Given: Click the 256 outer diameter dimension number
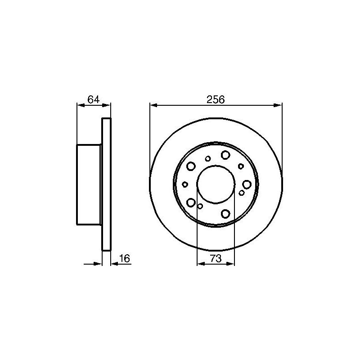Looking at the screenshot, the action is click(x=216, y=100).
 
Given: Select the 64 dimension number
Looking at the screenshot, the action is click(x=94, y=100).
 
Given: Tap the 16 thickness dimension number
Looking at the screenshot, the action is click(x=125, y=258).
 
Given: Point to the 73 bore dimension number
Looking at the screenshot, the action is click(x=216, y=258).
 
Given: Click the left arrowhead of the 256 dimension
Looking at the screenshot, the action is click(x=153, y=105).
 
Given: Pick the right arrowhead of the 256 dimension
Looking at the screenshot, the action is click(x=278, y=105).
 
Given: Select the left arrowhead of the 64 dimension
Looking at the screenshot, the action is click(x=81, y=105).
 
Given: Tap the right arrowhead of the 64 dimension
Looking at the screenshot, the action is click(x=106, y=105).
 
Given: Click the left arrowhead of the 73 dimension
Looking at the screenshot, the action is click(x=201, y=264).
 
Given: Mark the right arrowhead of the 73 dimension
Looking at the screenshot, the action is click(x=230, y=264).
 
